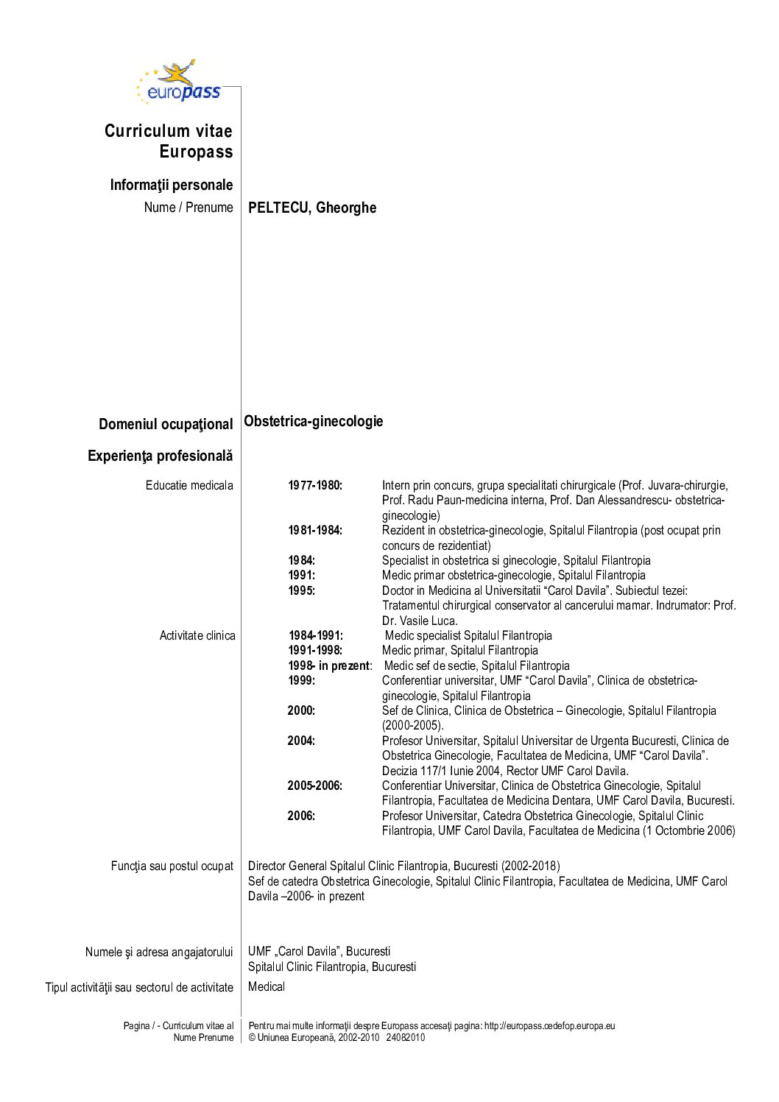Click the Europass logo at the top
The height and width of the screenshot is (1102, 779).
(x=179, y=82)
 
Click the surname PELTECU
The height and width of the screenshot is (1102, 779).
(x=278, y=208)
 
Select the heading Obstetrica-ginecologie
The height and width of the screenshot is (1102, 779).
(x=314, y=421)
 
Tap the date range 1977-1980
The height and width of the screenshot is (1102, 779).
(x=315, y=485)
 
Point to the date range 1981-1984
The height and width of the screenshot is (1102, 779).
(x=315, y=530)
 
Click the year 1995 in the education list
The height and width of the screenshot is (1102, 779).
(x=301, y=590)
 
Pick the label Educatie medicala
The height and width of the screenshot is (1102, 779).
(x=189, y=485)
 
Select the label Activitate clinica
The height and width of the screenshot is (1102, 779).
(x=197, y=635)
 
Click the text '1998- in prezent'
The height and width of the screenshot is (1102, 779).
(x=330, y=665)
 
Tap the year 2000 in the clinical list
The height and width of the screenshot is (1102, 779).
(x=301, y=710)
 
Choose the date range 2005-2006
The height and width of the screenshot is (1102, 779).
(x=315, y=785)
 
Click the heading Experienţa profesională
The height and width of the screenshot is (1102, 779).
(x=160, y=456)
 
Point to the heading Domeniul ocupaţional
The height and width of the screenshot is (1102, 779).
(x=166, y=424)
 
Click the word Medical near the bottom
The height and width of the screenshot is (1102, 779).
(x=267, y=986)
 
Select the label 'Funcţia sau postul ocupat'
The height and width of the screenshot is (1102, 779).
(x=172, y=866)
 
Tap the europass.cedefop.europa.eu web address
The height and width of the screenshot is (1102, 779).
(x=549, y=1025)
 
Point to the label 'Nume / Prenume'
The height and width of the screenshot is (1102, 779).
(x=188, y=208)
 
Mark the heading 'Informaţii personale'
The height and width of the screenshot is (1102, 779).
(x=171, y=185)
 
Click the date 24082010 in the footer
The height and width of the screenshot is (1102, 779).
(x=406, y=1037)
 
